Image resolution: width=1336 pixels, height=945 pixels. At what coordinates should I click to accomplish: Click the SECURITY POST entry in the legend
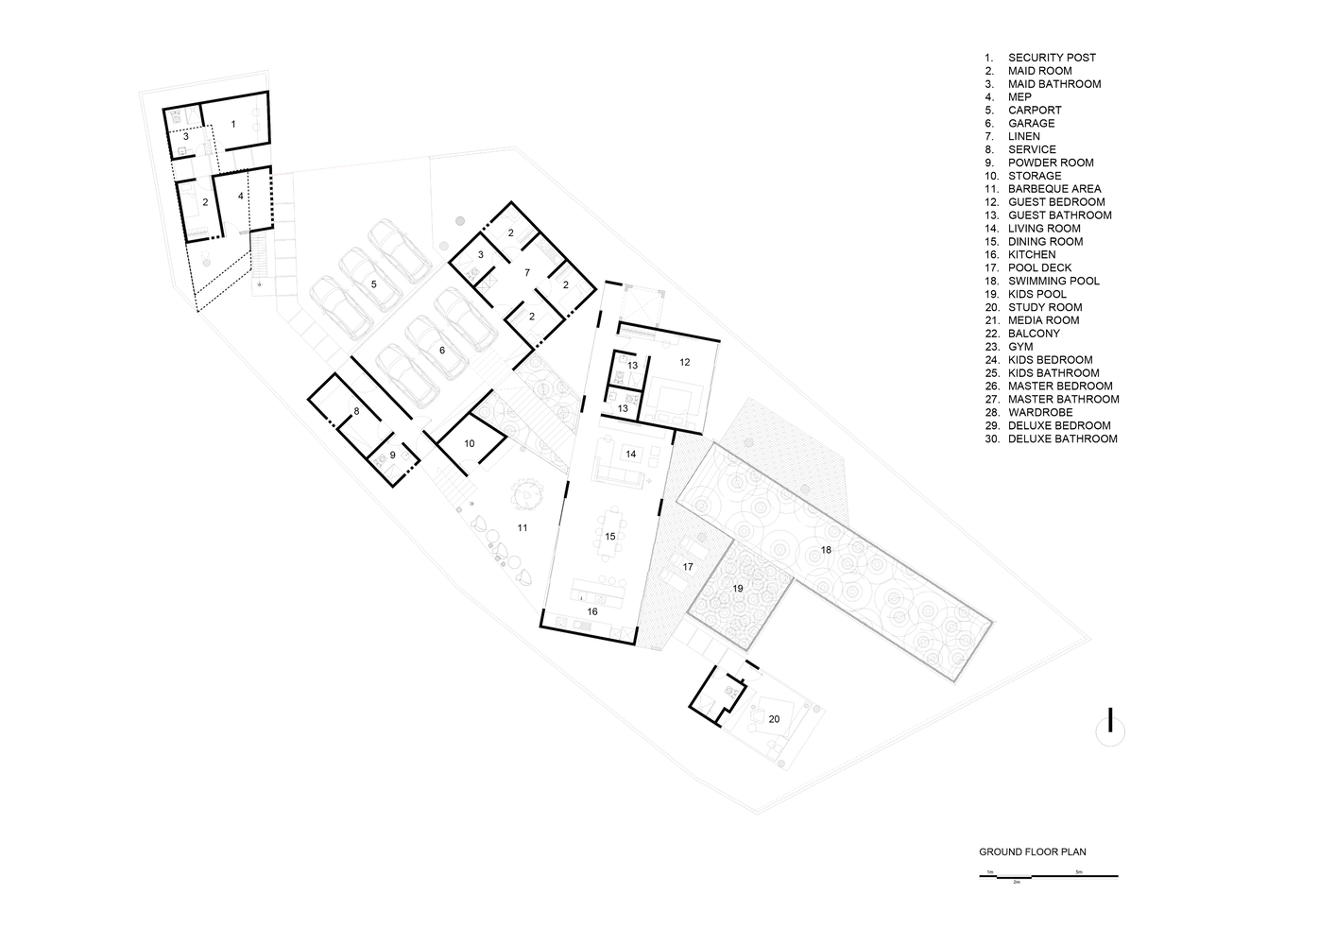[x=1040, y=58]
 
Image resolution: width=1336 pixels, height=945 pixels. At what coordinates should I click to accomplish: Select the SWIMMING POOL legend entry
[x=1042, y=281]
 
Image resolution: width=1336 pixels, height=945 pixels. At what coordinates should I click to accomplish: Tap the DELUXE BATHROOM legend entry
[x=1051, y=439]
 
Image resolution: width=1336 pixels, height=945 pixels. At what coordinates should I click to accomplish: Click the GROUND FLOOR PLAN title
[x=1033, y=852]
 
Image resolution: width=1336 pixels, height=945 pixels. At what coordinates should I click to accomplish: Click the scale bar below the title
[x=1049, y=876]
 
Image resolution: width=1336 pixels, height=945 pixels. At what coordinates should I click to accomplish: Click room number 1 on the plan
[x=233, y=124]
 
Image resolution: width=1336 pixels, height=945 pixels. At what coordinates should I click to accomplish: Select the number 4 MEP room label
[x=241, y=196]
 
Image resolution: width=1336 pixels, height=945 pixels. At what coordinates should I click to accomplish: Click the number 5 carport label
[x=374, y=284]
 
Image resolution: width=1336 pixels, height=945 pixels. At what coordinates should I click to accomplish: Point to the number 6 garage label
[x=442, y=351]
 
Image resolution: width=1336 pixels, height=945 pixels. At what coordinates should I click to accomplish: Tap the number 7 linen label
[x=527, y=273]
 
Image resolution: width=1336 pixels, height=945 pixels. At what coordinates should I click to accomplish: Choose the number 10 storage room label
[x=470, y=443]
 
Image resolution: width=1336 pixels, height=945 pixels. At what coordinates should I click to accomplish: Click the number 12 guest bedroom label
[x=685, y=362]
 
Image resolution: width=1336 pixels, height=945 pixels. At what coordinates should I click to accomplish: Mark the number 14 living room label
[x=631, y=454]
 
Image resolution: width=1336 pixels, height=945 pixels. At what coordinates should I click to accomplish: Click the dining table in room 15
[x=610, y=534]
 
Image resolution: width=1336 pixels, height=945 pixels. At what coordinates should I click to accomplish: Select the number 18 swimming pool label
[x=826, y=549]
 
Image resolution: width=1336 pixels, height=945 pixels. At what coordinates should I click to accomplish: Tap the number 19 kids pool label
[x=738, y=588]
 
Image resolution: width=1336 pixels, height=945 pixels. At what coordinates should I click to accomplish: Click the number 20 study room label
[x=774, y=719]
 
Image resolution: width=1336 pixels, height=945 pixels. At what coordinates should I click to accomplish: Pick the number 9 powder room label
[x=392, y=455]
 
